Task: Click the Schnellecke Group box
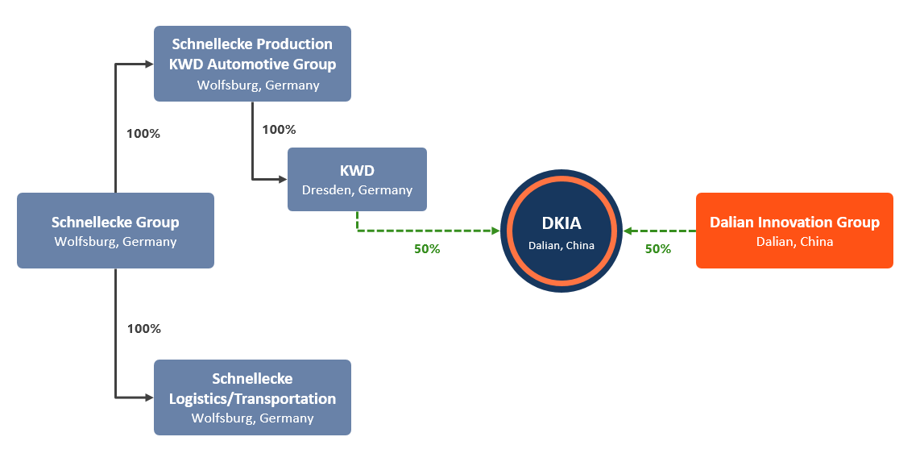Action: [115, 231]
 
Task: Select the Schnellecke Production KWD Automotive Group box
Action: [252, 64]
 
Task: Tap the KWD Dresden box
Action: [357, 179]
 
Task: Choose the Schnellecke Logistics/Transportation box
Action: [252, 397]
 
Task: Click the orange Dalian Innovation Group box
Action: [794, 231]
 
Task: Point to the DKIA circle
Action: [561, 231]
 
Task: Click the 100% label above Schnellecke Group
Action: [143, 134]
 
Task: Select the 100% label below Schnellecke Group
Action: [144, 329]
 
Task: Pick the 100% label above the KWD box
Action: [280, 130]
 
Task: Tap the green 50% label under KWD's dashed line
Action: [427, 249]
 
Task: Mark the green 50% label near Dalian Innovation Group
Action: [658, 249]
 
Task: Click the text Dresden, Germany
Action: [357, 190]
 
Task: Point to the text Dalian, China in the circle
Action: [561, 245]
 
